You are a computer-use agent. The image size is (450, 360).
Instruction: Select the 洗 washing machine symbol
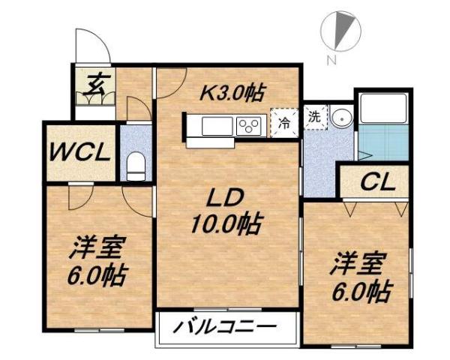click(315, 117)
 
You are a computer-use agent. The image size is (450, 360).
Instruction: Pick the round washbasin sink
click(342, 118)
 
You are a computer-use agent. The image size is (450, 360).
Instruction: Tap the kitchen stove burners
click(248, 127)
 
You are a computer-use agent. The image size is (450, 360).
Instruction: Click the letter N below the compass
click(331, 61)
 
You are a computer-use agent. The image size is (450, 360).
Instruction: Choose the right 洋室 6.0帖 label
click(361, 277)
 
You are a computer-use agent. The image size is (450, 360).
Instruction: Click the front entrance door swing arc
click(94, 45)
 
